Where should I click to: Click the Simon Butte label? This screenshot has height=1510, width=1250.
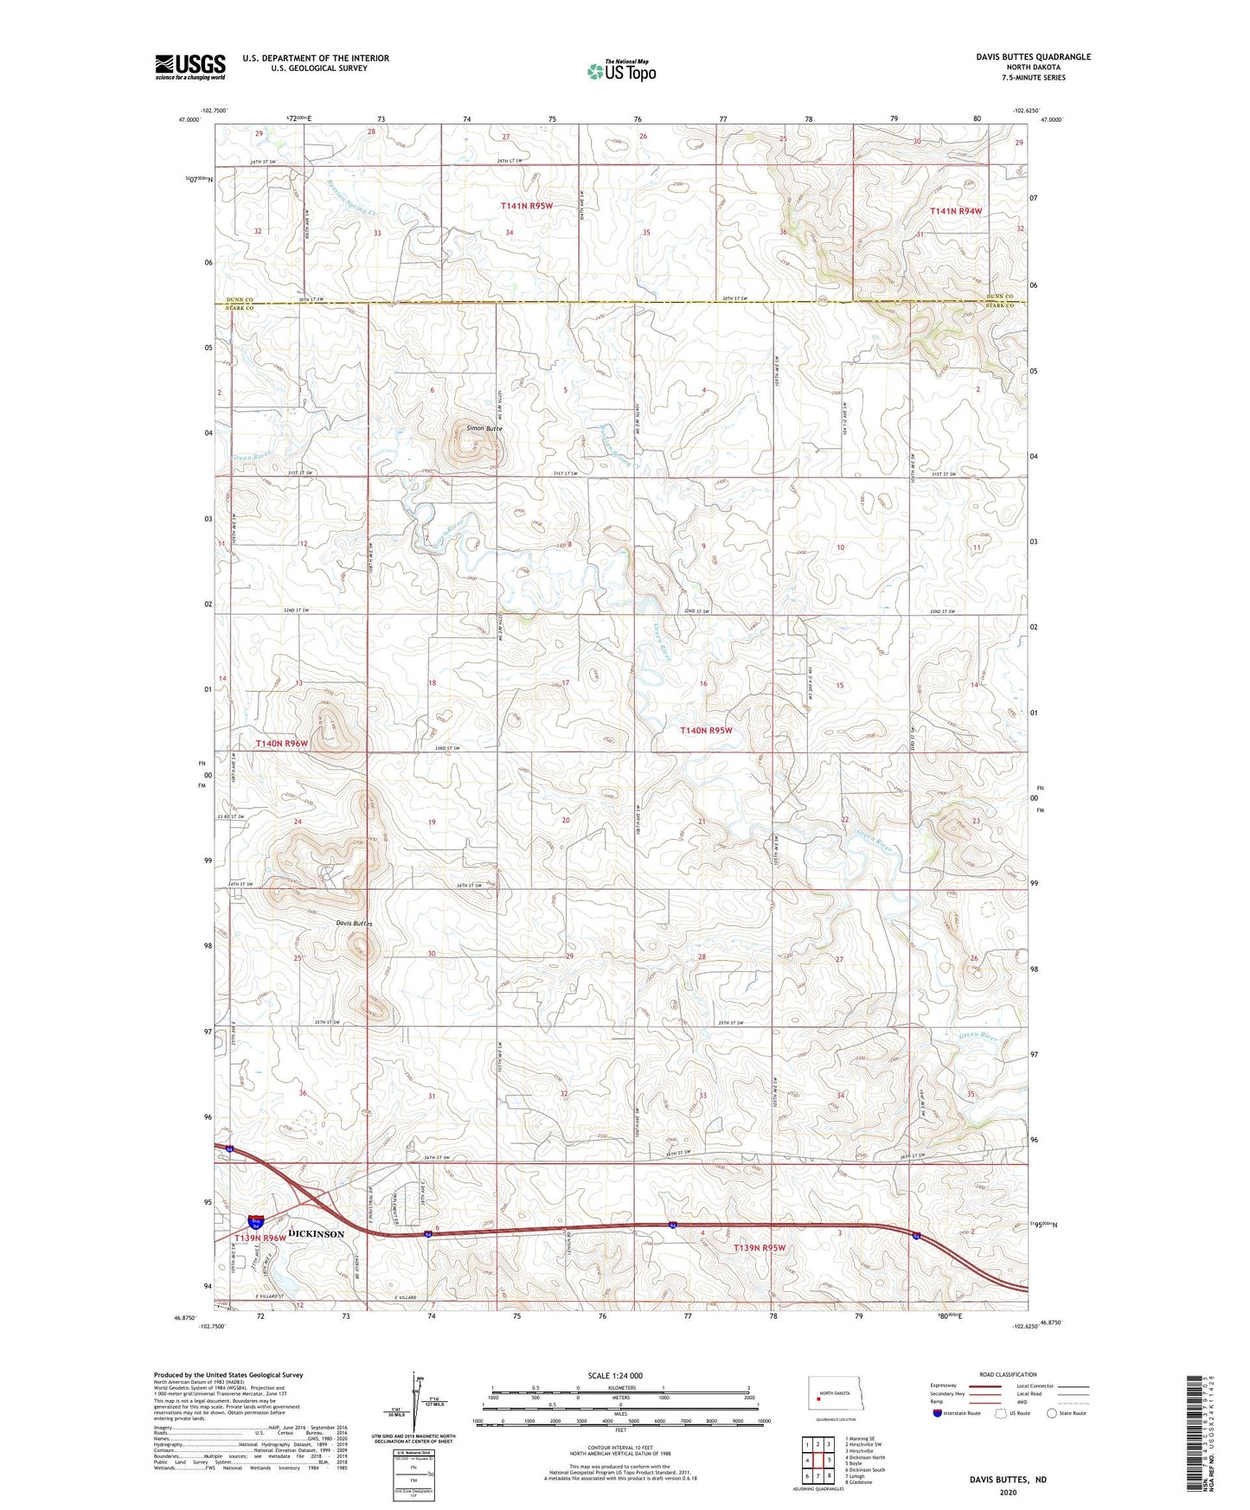click(x=484, y=428)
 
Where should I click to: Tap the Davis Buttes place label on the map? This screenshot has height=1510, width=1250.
click(x=355, y=924)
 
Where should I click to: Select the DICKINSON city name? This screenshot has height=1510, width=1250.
click(x=316, y=1234)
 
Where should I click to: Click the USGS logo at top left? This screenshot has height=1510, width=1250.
click(x=190, y=67)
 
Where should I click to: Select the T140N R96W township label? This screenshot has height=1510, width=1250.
click(x=281, y=743)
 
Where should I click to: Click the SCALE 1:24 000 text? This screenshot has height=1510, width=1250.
click(x=614, y=1376)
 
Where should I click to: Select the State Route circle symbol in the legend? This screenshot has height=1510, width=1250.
click(x=1052, y=1413)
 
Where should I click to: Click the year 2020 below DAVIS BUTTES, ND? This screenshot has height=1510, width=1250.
click(x=1008, y=1491)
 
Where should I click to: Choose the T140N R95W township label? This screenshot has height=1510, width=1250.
click(x=706, y=731)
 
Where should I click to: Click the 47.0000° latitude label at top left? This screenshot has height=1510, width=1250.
click(x=183, y=120)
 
